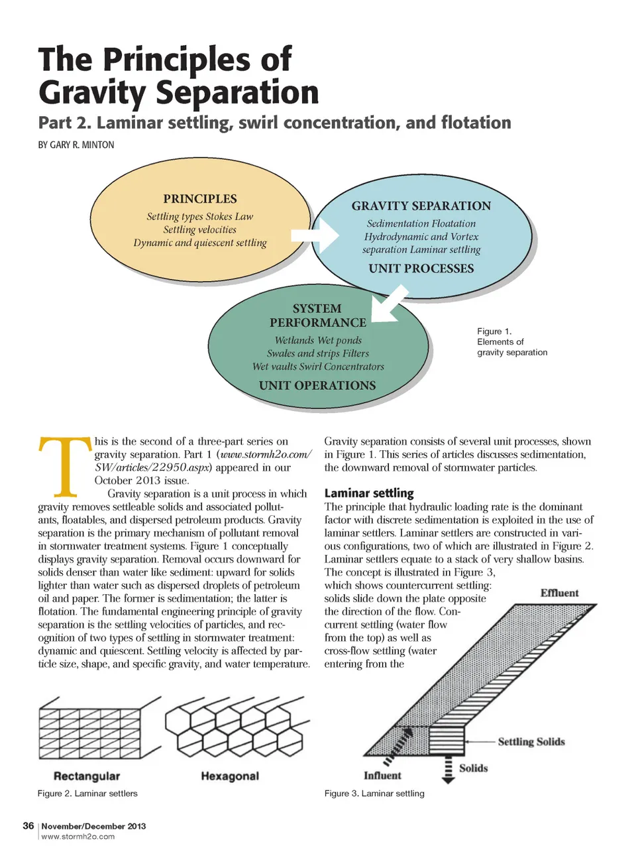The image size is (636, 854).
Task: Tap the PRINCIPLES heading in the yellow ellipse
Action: click(200, 199)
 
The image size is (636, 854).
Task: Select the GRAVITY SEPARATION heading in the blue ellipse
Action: click(421, 206)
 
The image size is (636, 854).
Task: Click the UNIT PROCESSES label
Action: click(421, 269)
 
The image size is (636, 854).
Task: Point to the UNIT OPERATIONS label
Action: click(317, 386)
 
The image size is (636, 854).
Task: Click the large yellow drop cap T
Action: click(64, 467)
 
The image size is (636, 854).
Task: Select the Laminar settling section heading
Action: click(369, 493)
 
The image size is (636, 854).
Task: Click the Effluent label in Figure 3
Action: click(559, 593)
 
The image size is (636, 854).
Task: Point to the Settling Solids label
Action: click(531, 742)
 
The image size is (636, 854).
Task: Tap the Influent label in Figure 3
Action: click(382, 776)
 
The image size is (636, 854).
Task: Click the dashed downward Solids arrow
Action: click(449, 770)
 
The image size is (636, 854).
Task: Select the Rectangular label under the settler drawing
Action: click(87, 776)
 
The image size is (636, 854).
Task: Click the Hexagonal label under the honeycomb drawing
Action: click(230, 776)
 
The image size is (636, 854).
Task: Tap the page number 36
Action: click(28, 825)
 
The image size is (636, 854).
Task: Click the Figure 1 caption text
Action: click(512, 341)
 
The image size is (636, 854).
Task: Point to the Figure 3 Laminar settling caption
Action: click(374, 794)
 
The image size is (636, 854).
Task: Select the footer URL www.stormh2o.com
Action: click(78, 837)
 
